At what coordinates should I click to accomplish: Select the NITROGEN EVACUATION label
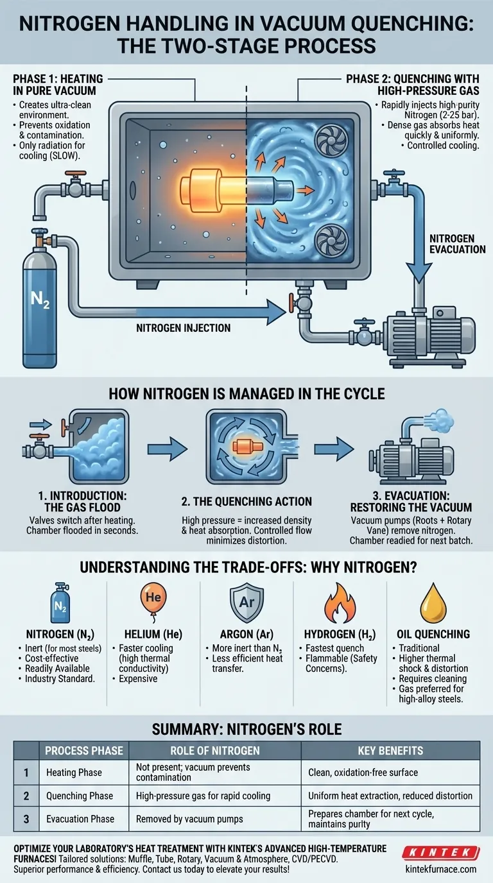[457, 243]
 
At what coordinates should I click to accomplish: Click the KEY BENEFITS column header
[390, 751]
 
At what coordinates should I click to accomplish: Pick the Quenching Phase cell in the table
[80, 796]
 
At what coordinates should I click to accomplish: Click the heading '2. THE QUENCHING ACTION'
[246, 501]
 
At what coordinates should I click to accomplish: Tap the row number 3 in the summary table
[26, 819]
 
